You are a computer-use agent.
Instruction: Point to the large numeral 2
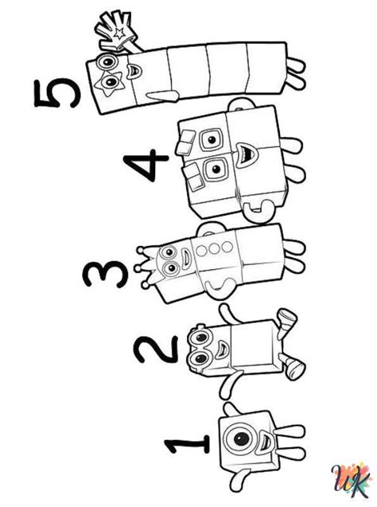pos(157,349)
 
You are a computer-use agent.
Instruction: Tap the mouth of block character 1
pos(265,441)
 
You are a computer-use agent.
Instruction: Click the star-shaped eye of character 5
pos(110,84)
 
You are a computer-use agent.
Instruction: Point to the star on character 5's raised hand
pos(119,33)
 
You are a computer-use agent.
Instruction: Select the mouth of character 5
pos(134,72)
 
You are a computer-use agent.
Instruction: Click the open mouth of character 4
pos(247,155)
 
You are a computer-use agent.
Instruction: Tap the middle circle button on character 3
pos(213,249)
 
